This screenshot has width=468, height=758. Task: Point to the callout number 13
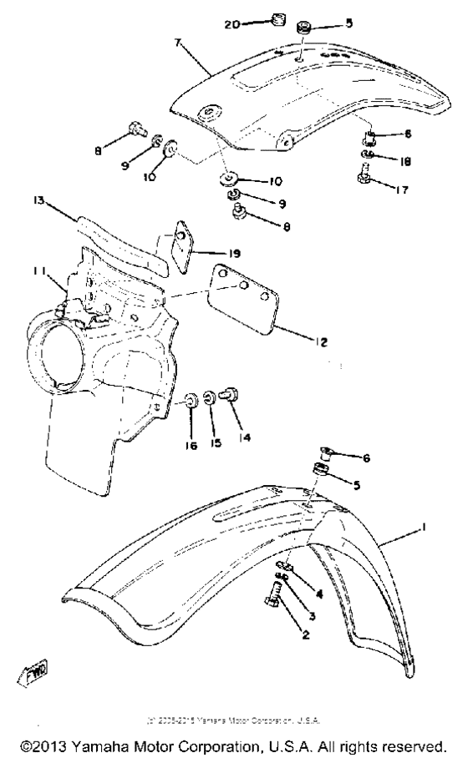pos(38,201)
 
